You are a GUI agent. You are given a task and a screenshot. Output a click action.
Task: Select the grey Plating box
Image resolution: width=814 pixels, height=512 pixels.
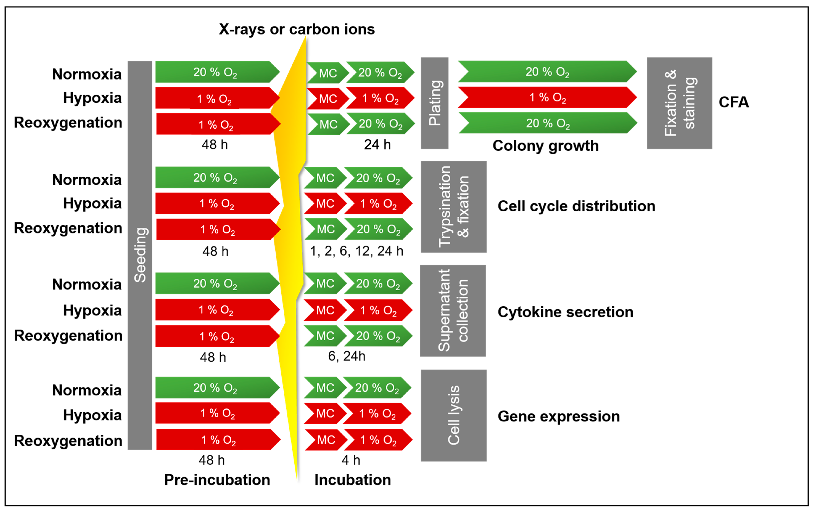coord(434,103)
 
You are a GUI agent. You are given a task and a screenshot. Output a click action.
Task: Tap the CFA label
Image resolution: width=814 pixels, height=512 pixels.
coord(734,102)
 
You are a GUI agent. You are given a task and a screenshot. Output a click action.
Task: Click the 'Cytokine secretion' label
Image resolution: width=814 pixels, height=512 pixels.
coord(565,312)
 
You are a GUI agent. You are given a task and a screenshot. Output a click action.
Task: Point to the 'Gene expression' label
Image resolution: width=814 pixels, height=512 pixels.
coord(558,416)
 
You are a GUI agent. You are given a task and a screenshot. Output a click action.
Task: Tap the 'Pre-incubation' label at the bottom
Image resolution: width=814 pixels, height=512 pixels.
coord(217,480)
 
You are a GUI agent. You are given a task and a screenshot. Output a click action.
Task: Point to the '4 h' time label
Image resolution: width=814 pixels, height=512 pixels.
coord(351,460)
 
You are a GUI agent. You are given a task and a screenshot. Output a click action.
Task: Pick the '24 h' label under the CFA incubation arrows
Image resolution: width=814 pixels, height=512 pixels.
coord(377,145)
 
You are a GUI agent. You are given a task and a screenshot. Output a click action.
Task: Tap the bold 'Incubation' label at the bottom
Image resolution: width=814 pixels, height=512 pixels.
coord(353,480)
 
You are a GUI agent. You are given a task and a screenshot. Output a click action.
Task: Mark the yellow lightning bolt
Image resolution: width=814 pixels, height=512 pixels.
coord(291,237)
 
